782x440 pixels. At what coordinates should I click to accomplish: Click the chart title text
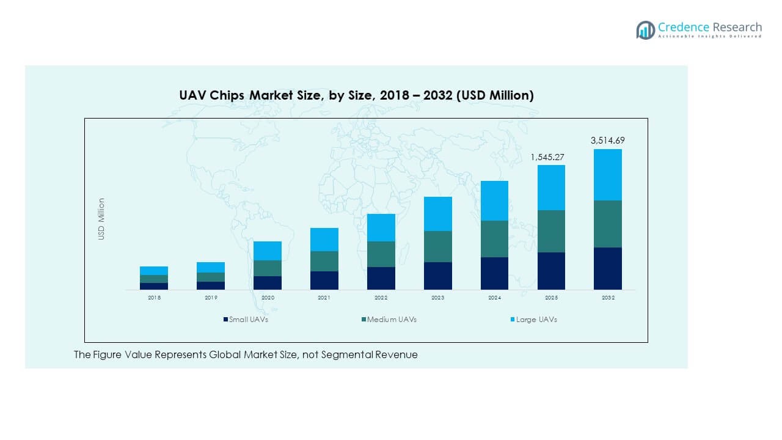[356, 95]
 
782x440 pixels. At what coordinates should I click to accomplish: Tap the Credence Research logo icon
[645, 30]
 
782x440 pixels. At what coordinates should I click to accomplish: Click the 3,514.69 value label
[607, 141]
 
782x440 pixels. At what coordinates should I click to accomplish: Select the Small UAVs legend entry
[246, 320]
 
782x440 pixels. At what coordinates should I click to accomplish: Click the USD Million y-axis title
[102, 219]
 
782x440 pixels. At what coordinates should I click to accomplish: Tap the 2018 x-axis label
[154, 298]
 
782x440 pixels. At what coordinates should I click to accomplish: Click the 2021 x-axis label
[324, 298]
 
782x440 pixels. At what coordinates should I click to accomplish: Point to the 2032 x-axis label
[608, 298]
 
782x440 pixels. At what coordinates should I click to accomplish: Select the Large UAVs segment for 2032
[608, 175]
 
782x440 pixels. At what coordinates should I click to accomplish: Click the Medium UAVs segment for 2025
[551, 231]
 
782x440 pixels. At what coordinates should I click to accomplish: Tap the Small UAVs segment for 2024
[494, 273]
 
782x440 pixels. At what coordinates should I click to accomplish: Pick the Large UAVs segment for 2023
[437, 214]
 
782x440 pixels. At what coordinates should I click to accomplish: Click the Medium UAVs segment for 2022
[381, 254]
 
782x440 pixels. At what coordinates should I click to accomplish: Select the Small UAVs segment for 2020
[268, 282]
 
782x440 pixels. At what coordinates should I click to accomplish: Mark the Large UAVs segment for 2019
[211, 267]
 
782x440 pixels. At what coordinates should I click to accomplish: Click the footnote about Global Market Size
[246, 354]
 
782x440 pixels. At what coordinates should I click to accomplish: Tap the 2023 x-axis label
[437, 298]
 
